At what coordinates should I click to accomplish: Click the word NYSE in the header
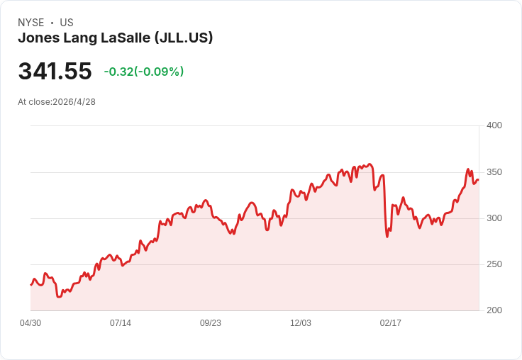30,23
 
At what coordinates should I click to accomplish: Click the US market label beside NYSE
67,23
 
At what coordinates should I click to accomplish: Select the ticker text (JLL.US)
183,38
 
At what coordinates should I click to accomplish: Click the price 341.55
55,72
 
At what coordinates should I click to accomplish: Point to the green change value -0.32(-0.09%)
144,72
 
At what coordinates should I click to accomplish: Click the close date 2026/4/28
74,101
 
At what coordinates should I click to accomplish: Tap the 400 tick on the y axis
494,125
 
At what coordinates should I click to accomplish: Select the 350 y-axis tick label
494,172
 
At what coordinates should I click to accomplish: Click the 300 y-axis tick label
494,218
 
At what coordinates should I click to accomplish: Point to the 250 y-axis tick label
494,264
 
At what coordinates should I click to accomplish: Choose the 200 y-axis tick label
494,310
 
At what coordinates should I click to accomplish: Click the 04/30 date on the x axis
30,323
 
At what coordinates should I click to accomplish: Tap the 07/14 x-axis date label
121,323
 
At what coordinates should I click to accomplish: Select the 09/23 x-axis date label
211,323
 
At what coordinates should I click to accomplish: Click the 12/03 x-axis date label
301,323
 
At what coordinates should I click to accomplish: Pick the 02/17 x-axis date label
391,323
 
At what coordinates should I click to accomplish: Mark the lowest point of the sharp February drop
387,236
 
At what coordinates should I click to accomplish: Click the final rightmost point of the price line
478,180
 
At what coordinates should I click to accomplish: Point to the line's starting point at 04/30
30,285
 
